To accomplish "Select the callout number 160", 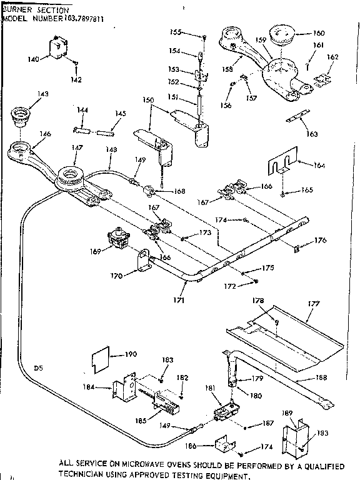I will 318,33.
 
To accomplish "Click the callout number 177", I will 313,304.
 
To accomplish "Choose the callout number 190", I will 130,354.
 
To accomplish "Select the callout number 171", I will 179,300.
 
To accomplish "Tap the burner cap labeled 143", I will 22,116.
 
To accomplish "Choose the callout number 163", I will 311,134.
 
